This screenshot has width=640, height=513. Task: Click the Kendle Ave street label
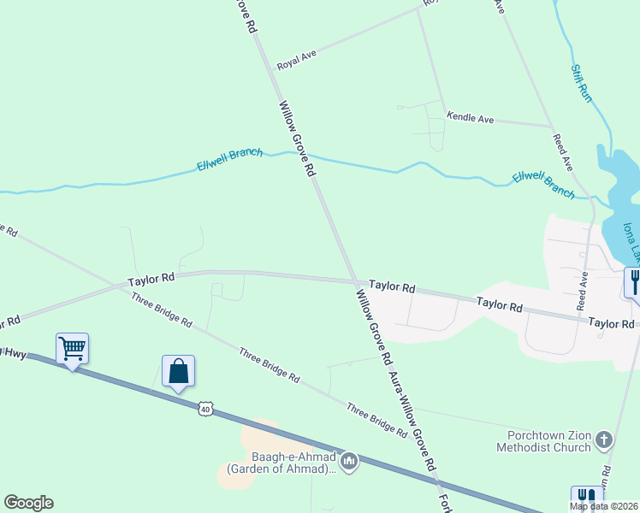click(470, 119)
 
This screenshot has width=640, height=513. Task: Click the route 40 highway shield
click(204, 409)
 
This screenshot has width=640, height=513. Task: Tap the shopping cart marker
click(73, 347)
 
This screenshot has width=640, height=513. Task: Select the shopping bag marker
click(178, 372)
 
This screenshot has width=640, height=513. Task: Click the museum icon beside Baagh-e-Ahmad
click(348, 463)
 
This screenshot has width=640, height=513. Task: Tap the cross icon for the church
click(604, 440)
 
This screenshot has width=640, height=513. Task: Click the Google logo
click(28, 503)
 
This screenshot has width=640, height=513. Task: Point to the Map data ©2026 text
click(604, 506)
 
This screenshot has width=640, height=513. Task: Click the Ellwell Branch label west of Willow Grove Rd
click(229, 159)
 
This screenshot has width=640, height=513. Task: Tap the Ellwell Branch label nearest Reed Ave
click(543, 185)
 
